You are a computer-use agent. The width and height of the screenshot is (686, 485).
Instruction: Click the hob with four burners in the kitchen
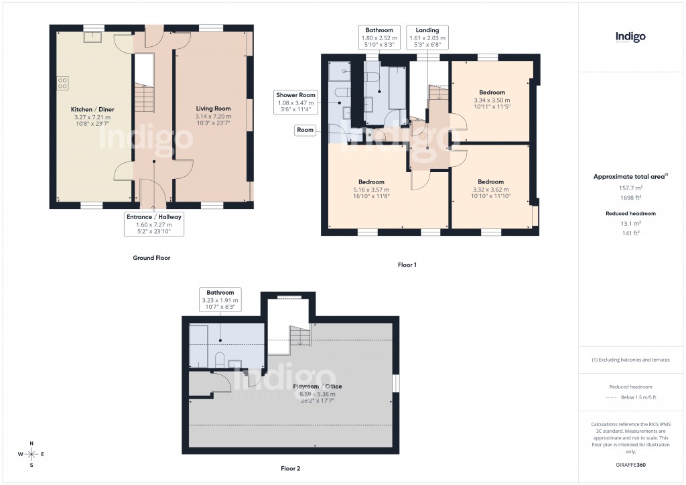point(62,82)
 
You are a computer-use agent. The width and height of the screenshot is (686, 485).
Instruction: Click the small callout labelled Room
point(305,130)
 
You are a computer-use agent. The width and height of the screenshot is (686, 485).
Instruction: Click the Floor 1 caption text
point(407,265)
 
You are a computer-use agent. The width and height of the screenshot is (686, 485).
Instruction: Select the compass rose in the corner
point(30,454)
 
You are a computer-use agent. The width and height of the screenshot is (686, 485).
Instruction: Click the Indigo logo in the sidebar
point(630,38)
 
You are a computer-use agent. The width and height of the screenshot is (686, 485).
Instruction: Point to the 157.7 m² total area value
point(630,188)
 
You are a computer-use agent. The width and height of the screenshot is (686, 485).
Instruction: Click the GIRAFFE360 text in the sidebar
point(630,464)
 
